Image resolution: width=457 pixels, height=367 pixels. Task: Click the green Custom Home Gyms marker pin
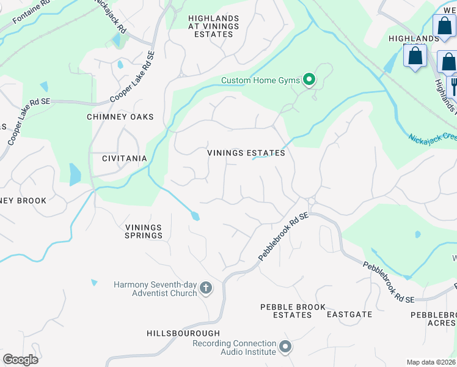(309, 80)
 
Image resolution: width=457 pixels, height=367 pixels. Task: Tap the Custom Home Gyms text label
(261, 80)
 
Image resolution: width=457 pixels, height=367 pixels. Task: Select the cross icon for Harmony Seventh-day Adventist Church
(206, 288)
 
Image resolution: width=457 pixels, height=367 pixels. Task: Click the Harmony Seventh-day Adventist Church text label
(156, 289)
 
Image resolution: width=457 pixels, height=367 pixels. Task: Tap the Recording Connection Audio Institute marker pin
(285, 347)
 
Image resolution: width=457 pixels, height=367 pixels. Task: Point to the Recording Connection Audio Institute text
(234, 347)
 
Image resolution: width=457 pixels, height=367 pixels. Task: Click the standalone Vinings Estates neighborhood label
(246, 153)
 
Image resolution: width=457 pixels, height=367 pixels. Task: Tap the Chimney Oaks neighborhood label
(120, 117)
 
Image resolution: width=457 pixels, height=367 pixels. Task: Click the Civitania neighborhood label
(124, 158)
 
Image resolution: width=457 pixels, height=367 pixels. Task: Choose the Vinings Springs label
(144, 231)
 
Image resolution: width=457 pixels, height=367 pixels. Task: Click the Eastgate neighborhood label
(349, 314)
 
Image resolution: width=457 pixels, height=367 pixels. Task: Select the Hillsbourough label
(183, 333)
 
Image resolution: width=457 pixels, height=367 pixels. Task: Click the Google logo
(20, 360)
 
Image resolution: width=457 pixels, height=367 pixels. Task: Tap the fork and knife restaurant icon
(453, 85)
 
